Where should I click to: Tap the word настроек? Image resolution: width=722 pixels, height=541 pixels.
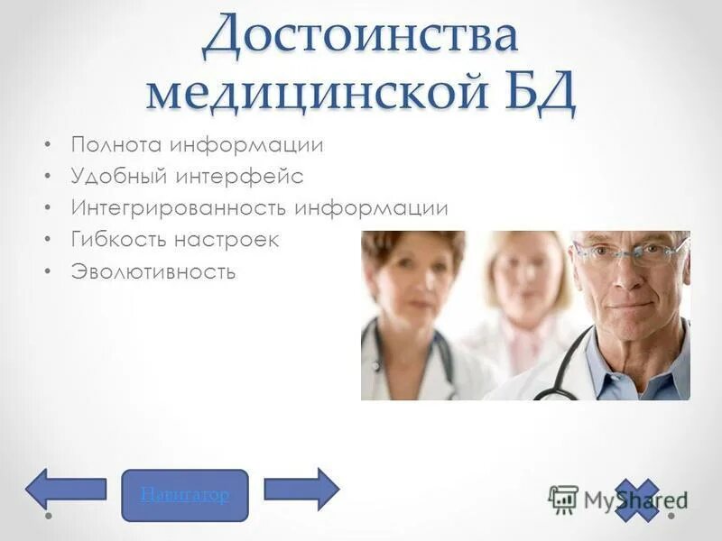(x=233, y=240)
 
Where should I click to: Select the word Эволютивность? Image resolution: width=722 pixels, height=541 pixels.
(x=153, y=271)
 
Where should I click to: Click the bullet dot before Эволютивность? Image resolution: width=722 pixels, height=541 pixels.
(x=48, y=271)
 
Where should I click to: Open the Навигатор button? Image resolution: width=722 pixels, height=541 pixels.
(x=184, y=495)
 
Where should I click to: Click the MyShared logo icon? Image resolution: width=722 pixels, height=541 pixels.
(x=563, y=498)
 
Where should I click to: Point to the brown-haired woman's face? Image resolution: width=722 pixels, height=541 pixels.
(x=411, y=280)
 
